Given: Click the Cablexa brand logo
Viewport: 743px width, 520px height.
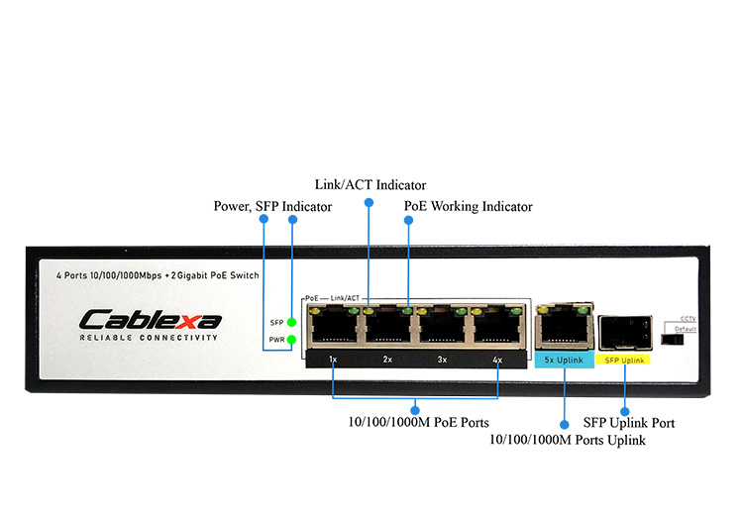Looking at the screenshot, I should click(x=151, y=319).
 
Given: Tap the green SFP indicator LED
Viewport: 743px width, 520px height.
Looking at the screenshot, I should click(x=291, y=322).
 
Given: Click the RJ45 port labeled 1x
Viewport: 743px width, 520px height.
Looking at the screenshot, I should click(x=333, y=326).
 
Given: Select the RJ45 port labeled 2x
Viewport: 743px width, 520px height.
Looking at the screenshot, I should click(x=387, y=326).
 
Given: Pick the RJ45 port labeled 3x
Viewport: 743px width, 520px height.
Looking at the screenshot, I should click(x=441, y=326).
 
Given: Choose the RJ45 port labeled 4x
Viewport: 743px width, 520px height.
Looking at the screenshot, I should click(x=495, y=326).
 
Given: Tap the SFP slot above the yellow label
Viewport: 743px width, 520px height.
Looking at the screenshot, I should click(x=626, y=329).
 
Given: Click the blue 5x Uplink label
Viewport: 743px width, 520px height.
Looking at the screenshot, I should click(x=564, y=360).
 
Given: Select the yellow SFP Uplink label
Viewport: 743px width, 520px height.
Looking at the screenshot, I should click(x=625, y=360).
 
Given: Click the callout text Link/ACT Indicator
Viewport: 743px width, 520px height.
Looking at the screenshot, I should click(x=371, y=185).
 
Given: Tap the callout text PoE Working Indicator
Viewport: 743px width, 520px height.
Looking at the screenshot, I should click(x=468, y=207).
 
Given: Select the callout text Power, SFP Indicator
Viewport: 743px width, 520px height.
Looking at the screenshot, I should click(x=273, y=207).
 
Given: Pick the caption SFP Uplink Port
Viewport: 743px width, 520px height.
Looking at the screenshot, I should click(x=629, y=423).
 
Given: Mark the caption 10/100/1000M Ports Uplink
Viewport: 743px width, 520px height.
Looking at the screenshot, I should click(x=568, y=439).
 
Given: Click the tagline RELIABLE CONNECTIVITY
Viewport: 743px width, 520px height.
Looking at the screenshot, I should click(x=149, y=339).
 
